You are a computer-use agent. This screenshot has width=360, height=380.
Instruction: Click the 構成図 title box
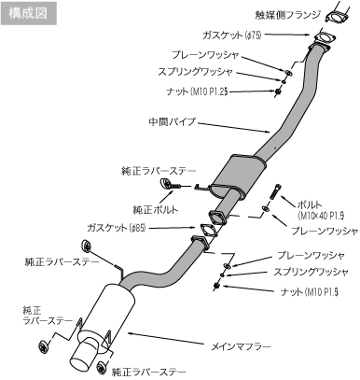28,13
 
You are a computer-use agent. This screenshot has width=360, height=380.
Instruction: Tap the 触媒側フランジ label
287,15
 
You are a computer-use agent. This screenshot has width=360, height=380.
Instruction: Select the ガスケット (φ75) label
232,35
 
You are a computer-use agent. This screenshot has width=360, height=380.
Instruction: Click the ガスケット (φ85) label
117,228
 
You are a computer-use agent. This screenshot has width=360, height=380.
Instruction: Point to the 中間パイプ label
173,121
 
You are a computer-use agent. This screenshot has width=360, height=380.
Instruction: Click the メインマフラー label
241,346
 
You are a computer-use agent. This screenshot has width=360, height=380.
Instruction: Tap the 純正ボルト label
156,209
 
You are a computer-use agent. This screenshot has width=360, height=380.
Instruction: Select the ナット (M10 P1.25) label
197,91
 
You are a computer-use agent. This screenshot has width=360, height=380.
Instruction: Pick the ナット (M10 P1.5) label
310,292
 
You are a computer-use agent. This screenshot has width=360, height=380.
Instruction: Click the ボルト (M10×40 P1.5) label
321,210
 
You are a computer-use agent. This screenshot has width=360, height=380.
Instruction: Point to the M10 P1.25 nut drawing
278,91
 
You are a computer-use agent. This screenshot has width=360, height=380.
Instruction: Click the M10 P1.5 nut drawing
216,285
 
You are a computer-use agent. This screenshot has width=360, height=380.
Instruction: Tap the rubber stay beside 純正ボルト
166,183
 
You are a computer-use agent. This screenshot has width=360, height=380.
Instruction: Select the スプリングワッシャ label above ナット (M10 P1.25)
195,72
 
